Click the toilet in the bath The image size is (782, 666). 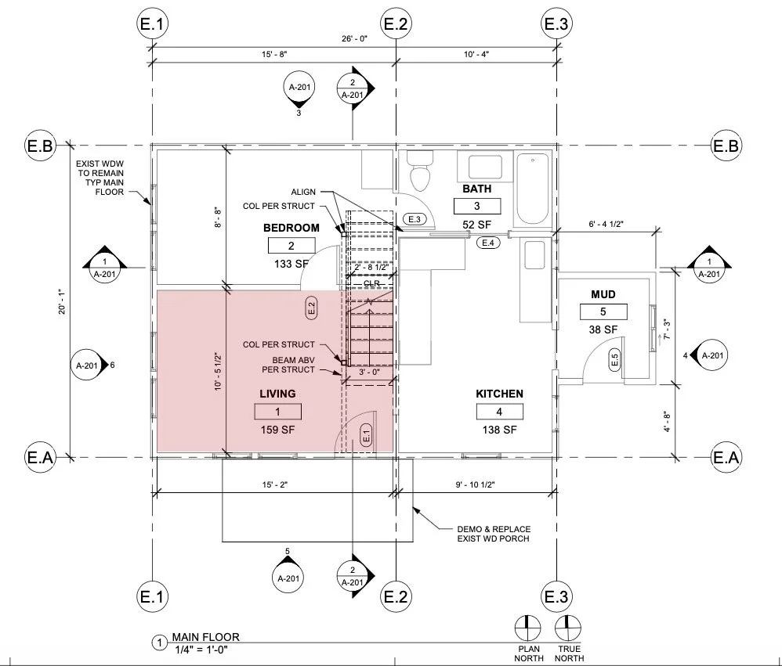coord(422,171)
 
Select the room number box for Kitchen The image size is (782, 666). coord(499,412)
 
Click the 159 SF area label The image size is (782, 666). coord(278,429)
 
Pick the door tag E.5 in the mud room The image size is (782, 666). coord(614,360)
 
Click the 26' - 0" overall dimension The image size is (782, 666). coord(354,38)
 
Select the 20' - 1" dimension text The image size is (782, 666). coord(60,301)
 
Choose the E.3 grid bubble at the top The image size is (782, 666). coord(556,24)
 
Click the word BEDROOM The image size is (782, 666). coord(291,228)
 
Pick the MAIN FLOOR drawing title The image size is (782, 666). coord(205,637)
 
